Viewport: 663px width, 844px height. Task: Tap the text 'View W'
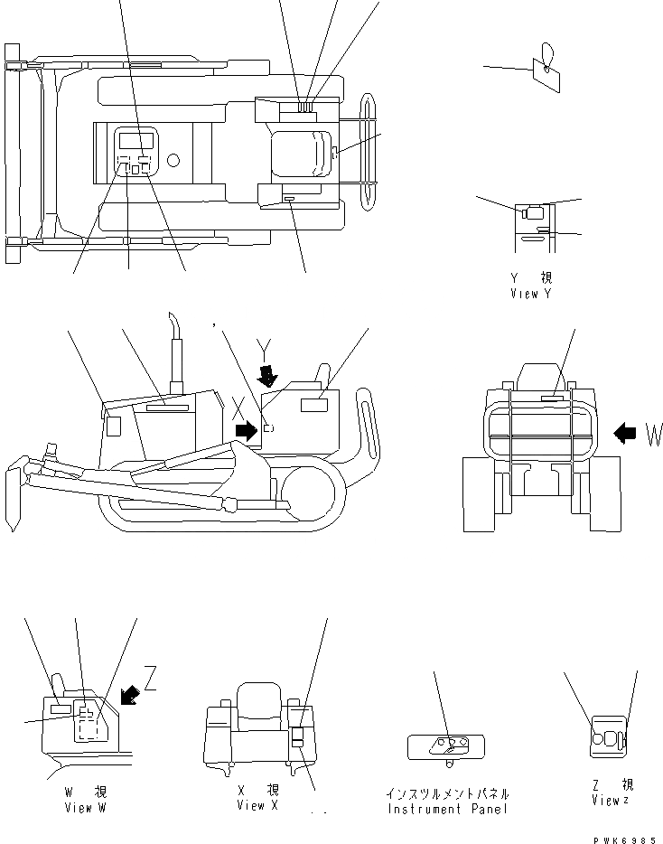pyautogui.click(x=85, y=808)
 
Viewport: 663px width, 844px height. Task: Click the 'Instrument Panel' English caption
pyautogui.click(x=447, y=809)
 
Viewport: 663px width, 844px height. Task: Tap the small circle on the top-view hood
pyautogui.click(x=173, y=160)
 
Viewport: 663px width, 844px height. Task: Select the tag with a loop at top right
pyautogui.click(x=546, y=67)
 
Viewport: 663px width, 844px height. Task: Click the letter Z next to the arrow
pyautogui.click(x=151, y=680)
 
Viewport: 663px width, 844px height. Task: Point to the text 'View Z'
pyautogui.click(x=612, y=801)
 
